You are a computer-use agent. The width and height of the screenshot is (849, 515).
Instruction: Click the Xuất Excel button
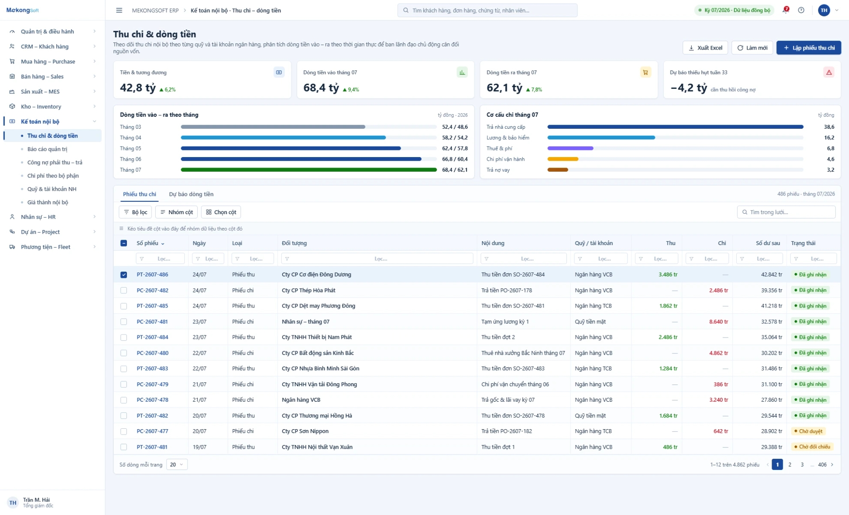pyautogui.click(x=706, y=48)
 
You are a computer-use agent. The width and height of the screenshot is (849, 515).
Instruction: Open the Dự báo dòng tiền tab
pyautogui.click(x=191, y=194)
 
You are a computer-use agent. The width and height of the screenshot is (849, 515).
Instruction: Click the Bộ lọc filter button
pyautogui.click(x=135, y=212)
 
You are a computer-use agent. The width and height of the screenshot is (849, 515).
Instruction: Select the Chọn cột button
pyautogui.click(x=221, y=212)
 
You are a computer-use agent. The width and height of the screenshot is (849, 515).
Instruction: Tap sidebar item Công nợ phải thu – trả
pyautogui.click(x=55, y=162)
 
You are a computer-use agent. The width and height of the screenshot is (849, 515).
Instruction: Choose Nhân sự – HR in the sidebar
pyautogui.click(x=38, y=217)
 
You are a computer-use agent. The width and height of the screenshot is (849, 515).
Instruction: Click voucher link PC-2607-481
pyautogui.click(x=152, y=322)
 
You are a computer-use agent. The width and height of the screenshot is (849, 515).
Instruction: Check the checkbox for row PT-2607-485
pyautogui.click(x=124, y=306)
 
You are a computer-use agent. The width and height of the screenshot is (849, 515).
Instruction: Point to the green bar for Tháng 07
pyautogui.click(x=309, y=170)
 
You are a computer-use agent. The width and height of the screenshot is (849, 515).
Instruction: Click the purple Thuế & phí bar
pyautogui.click(x=570, y=149)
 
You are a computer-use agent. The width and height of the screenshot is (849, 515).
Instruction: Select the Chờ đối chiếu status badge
pyautogui.click(x=812, y=447)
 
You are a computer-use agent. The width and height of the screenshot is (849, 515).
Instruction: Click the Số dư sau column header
pyautogui.click(x=768, y=243)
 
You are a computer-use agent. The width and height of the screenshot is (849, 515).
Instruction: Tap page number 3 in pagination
pyautogui.click(x=802, y=465)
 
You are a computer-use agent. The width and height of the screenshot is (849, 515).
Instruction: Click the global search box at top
pyautogui.click(x=487, y=10)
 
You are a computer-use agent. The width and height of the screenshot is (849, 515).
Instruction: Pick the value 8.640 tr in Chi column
pyautogui.click(x=719, y=322)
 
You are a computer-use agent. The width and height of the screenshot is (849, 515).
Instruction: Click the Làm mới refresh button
pyautogui.click(x=752, y=48)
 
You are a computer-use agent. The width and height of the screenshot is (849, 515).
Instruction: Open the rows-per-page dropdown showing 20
pyautogui.click(x=177, y=465)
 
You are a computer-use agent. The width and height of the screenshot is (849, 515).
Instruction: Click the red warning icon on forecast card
pyautogui.click(x=829, y=73)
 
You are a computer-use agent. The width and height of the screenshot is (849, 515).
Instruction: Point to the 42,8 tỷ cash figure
pyautogui.click(x=138, y=88)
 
